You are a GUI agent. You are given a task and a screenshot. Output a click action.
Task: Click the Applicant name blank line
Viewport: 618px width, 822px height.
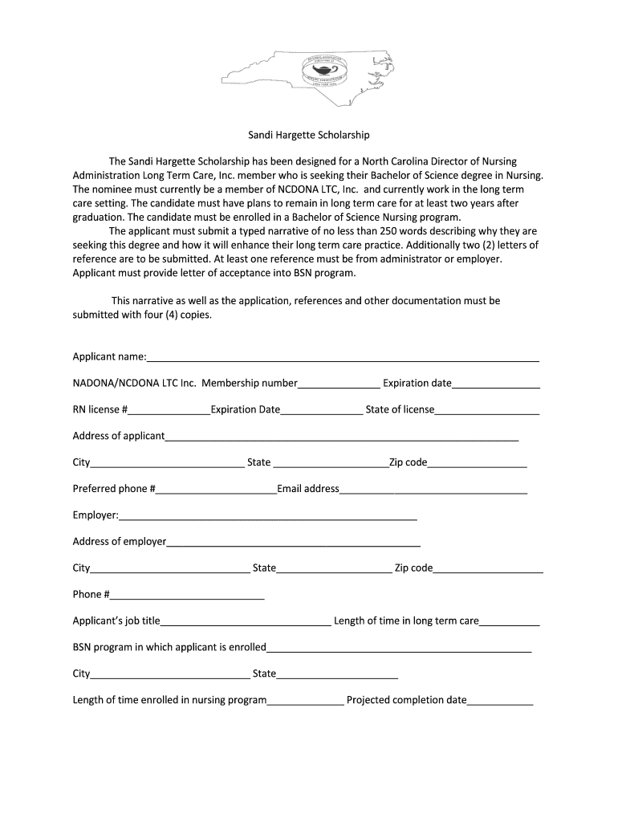pos(343,357)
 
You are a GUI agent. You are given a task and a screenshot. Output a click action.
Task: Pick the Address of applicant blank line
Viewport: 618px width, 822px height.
pos(341,437)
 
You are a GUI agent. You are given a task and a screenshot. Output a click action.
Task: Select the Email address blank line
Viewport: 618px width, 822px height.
pos(433,490)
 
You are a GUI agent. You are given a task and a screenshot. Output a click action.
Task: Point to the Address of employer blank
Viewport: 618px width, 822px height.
pos(293,543)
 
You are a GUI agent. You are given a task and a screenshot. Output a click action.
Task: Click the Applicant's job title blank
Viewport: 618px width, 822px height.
pos(246,622)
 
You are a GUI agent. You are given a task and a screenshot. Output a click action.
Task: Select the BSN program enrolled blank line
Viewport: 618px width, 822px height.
pos(399,649)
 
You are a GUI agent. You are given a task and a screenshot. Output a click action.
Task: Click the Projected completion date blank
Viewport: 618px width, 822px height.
pos(500,702)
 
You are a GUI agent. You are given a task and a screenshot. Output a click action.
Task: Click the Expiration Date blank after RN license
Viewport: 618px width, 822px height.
pos(321,411)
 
